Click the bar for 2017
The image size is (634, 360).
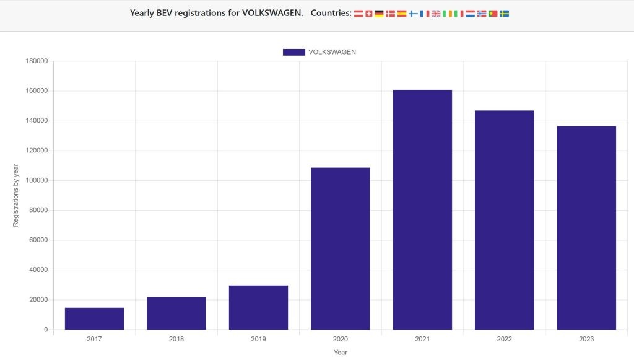94,318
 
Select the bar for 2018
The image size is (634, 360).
176,314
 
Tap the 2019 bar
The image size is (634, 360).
258,307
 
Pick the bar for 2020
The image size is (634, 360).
341,248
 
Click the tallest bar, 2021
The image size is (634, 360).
422,209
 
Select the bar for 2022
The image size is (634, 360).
505,220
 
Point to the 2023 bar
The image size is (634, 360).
586,227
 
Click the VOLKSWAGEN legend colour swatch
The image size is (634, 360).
293,52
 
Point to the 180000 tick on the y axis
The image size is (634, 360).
37,61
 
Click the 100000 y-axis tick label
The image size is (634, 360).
37,180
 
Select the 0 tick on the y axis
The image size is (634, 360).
46,330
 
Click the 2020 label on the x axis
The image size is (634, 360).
341,339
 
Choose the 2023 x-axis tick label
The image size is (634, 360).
586,339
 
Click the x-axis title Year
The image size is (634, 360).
341,353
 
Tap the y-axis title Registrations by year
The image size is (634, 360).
16,195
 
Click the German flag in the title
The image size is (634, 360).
379,14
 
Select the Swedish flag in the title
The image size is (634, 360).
505,14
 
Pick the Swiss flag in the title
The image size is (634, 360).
369,14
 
